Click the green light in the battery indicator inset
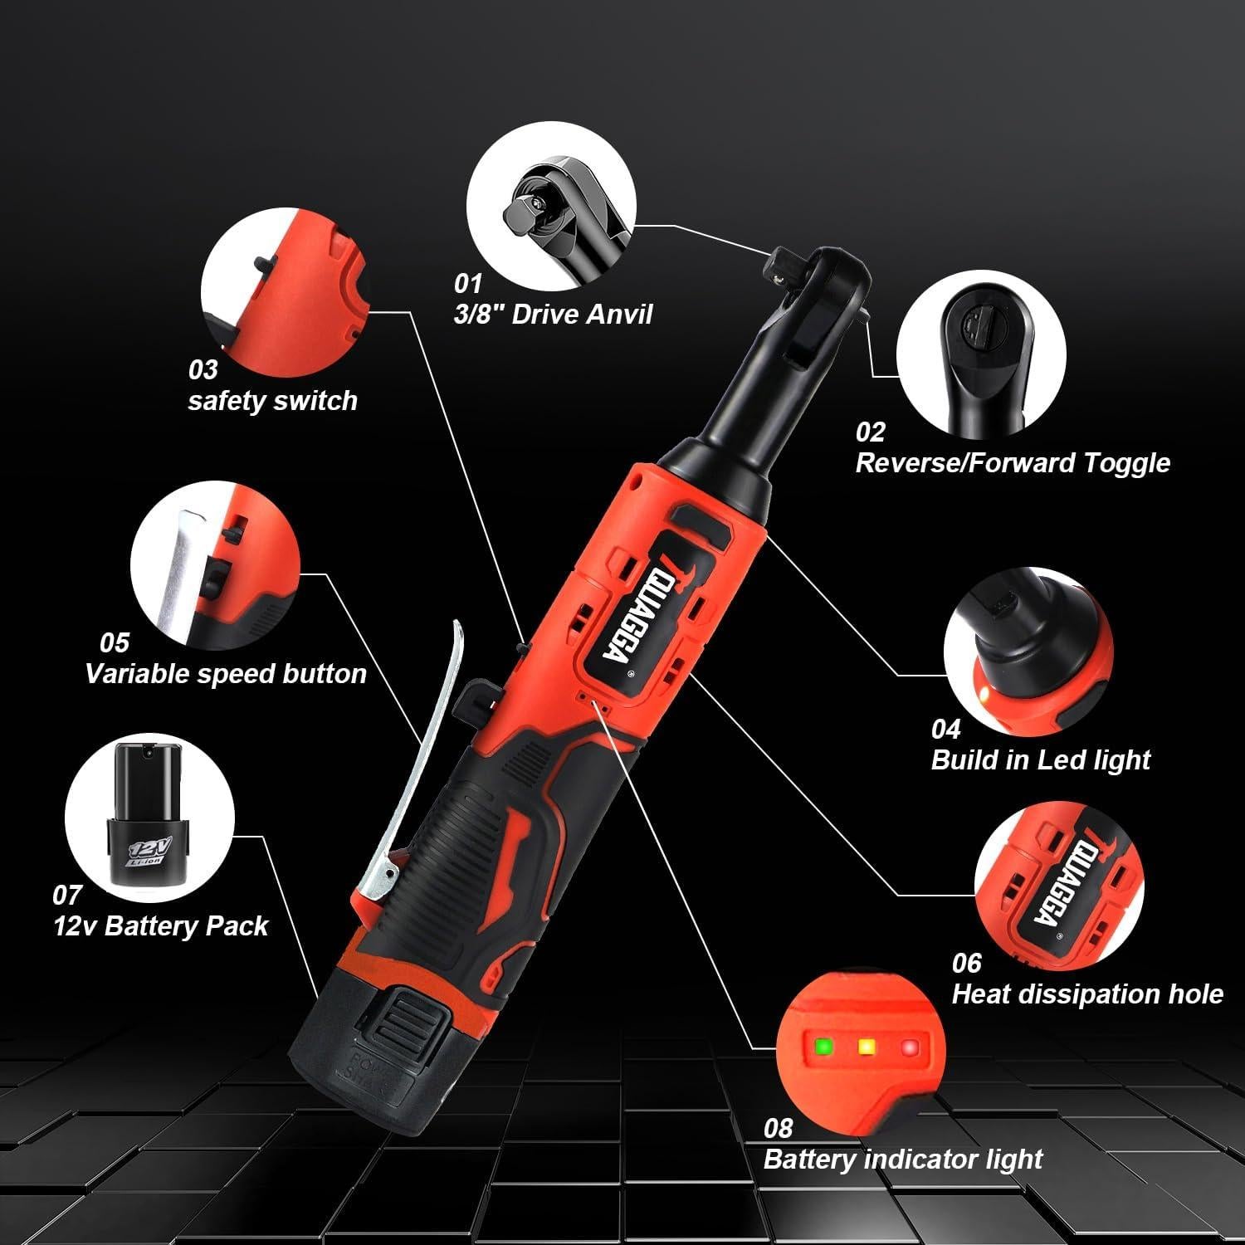(x=823, y=1046)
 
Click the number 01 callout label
(x=467, y=284)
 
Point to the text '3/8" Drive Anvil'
(x=553, y=315)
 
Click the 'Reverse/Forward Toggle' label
(x=1012, y=462)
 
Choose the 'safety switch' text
(x=272, y=401)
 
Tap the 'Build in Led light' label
(x=1040, y=759)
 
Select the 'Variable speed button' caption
(x=225, y=673)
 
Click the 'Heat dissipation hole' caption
(x=1086, y=994)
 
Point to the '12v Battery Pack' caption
(x=160, y=926)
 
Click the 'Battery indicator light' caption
(x=902, y=1159)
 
